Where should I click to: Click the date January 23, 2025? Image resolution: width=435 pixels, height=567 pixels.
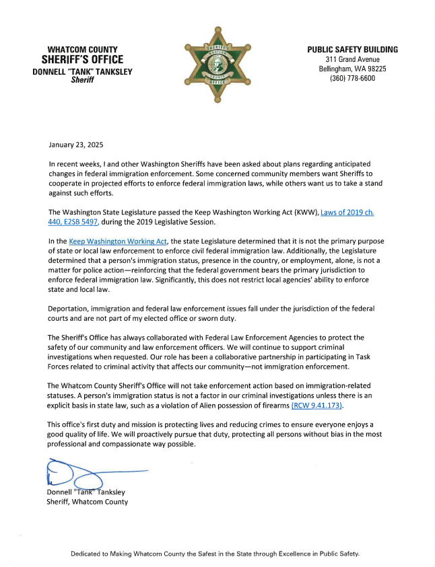click(76, 145)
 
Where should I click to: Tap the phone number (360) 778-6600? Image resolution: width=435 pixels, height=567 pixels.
click(352, 79)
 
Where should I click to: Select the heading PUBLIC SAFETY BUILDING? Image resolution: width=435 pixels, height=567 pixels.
click(352, 50)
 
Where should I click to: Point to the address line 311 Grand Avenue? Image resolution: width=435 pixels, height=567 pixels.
click(352, 59)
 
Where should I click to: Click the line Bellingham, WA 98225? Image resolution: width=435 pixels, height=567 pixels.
click(352, 69)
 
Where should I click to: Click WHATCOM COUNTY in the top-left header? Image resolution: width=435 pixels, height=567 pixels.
click(83, 50)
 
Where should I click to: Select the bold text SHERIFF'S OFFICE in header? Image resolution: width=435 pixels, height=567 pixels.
click(83, 61)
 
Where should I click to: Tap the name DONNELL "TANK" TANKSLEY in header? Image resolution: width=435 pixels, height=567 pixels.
click(83, 71)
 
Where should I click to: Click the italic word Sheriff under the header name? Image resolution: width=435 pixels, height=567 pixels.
click(83, 80)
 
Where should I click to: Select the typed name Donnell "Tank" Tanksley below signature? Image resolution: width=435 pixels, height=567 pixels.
click(86, 492)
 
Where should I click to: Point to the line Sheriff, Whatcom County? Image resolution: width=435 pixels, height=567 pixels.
click(87, 501)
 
